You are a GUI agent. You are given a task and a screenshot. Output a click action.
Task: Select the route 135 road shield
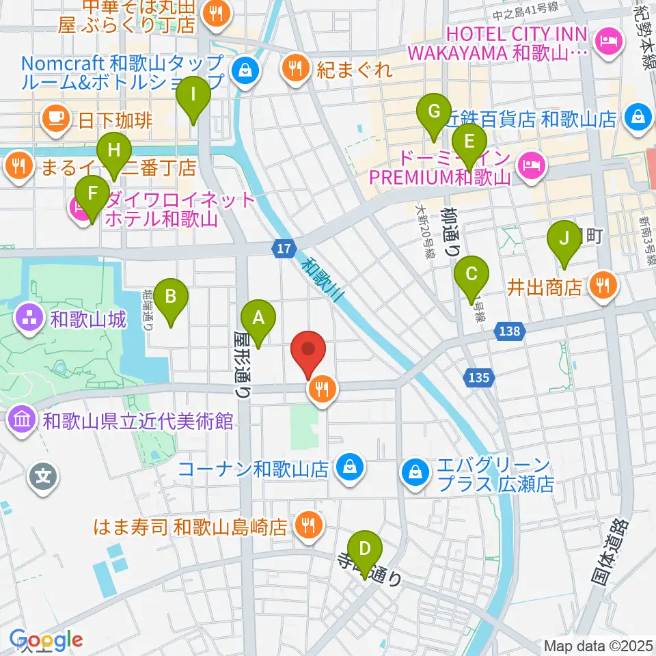tap(479, 377)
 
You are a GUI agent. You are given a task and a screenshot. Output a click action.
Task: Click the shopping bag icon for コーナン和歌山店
tap(351, 468)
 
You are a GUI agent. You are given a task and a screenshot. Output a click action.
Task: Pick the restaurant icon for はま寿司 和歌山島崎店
tap(307, 525)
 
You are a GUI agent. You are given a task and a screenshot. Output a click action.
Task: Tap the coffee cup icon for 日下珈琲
tap(56, 119)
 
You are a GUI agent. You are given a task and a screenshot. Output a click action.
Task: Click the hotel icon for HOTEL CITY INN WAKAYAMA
tap(605, 42)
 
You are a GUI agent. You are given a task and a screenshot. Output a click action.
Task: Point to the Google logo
tap(46, 640)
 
